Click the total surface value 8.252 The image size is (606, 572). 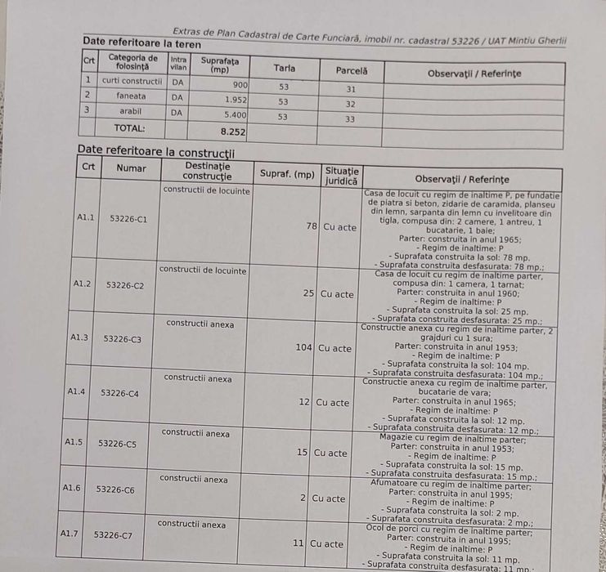coord(233,131)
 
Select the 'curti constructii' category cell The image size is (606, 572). coord(132,81)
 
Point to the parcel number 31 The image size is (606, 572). coord(351,88)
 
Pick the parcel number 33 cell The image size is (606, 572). coord(350,119)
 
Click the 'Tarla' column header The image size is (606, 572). coord(285,69)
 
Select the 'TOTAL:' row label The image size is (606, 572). coord(129,128)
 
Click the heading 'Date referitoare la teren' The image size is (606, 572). coord(142,42)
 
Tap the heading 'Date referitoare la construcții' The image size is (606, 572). coord(155,151)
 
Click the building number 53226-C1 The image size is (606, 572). coord(128,219)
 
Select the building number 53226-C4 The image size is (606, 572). coord(119,393)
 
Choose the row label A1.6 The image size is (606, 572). coord(72,487)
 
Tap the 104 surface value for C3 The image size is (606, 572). coord(304,347)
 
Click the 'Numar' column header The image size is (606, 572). coord(131,168)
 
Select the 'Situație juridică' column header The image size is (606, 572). coord(341,176)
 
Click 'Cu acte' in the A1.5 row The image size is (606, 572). coord(330,453)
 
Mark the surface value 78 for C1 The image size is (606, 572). coord(312,226)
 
